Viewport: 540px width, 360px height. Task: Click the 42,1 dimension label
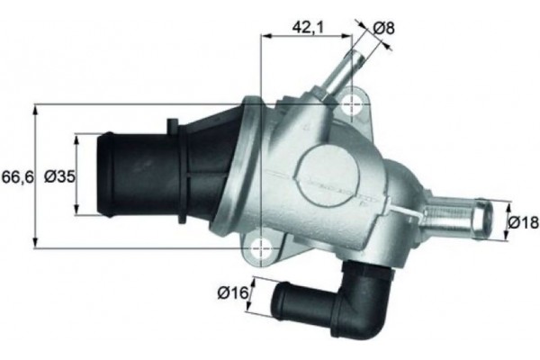pyautogui.click(x=308, y=28)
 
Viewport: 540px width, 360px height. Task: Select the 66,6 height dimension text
pyautogui.click(x=17, y=177)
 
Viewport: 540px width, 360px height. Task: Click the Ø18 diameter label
pyautogui.click(x=522, y=220)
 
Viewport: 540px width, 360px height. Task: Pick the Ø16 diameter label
pyautogui.click(x=232, y=292)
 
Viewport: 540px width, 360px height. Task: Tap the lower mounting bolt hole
pyautogui.click(x=260, y=244)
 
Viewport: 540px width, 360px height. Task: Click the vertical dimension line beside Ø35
pyautogui.click(x=76, y=175)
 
